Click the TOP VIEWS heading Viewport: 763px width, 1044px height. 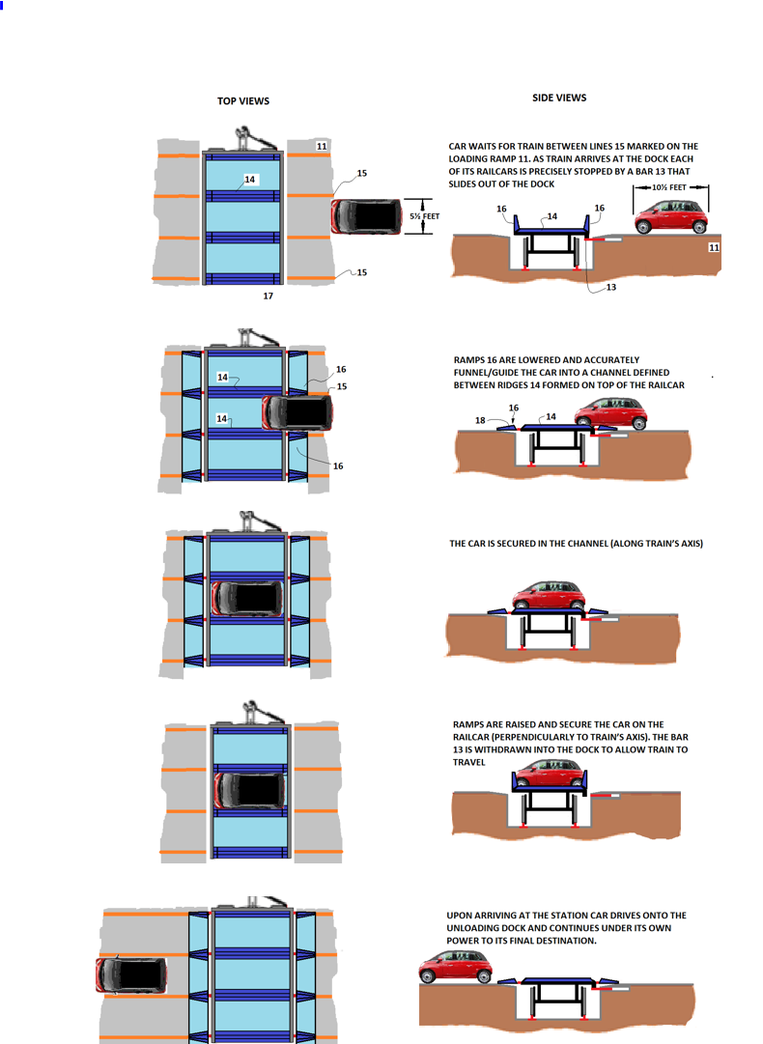pyautogui.click(x=243, y=101)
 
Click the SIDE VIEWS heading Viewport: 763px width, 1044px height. pyautogui.click(x=559, y=98)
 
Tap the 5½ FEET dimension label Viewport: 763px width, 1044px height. pyautogui.click(x=424, y=216)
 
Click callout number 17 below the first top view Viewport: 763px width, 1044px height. pyautogui.click(x=268, y=296)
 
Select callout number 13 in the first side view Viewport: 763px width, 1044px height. pyautogui.click(x=610, y=287)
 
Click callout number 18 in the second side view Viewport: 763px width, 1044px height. pyautogui.click(x=480, y=420)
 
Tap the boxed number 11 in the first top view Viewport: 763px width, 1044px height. pyautogui.click(x=322, y=146)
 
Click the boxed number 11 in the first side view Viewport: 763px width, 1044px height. pyautogui.click(x=714, y=248)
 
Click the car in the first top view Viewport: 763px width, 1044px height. pyautogui.click(x=366, y=216)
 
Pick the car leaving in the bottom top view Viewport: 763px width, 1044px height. pyautogui.click(x=131, y=974)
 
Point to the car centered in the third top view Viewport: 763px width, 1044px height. pyautogui.click(x=247, y=599)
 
